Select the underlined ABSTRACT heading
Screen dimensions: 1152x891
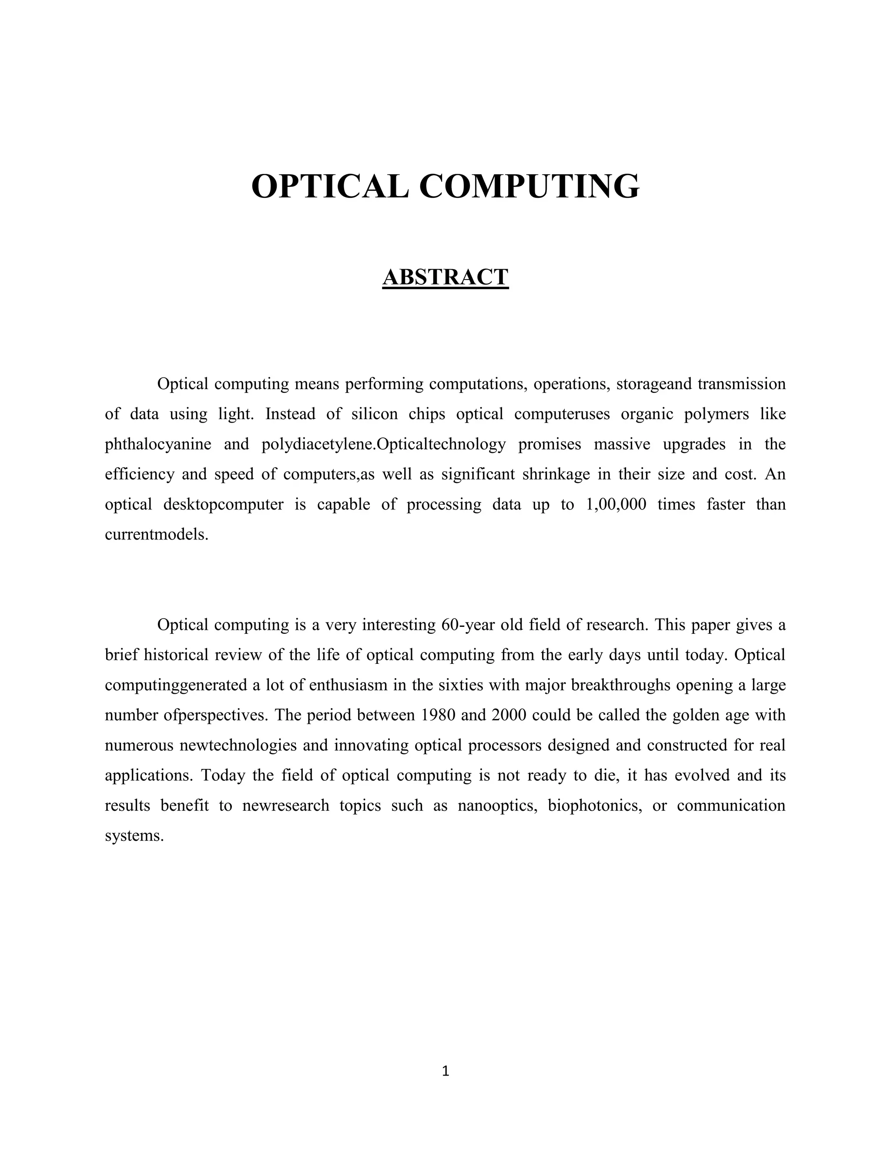coord(445,277)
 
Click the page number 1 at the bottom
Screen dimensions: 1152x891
coord(445,1071)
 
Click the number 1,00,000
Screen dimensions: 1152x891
coord(616,505)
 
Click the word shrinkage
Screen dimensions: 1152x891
coord(556,475)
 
